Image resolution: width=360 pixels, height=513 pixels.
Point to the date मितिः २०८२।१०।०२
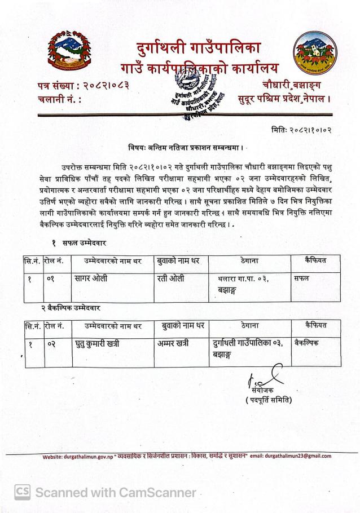(x=301, y=130)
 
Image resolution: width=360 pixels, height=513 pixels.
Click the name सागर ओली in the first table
(x=91, y=278)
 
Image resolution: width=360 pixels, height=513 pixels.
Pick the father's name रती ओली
(x=170, y=278)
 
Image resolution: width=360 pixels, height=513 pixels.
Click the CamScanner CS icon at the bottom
(x=22, y=492)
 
